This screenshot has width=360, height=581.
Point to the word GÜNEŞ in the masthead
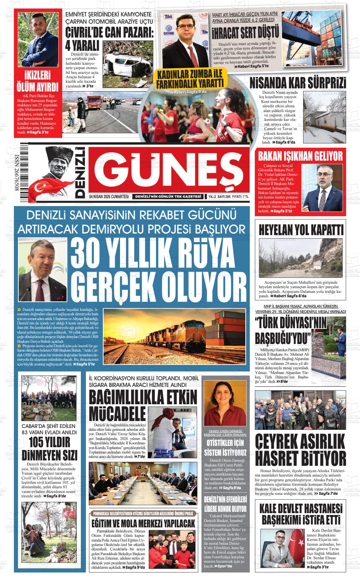(171, 172)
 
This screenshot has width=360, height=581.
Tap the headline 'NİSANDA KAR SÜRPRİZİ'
(298, 83)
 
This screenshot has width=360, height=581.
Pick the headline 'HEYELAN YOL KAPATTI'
(301, 230)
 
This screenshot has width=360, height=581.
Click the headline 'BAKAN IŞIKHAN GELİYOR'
(300, 156)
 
